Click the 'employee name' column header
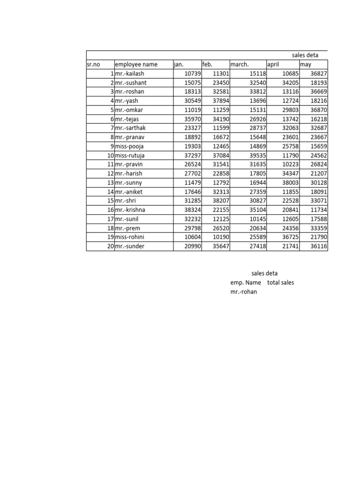click(x=136, y=65)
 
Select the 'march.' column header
click(x=240, y=65)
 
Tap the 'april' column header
click(x=273, y=65)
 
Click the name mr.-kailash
click(x=130, y=74)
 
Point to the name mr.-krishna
click(x=131, y=210)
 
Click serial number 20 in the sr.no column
click(x=110, y=246)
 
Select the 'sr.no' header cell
click(x=94, y=65)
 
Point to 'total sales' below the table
click(x=281, y=283)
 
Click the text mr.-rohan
click(x=244, y=292)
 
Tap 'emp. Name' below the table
click(x=246, y=283)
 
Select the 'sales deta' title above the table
click(x=305, y=55)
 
